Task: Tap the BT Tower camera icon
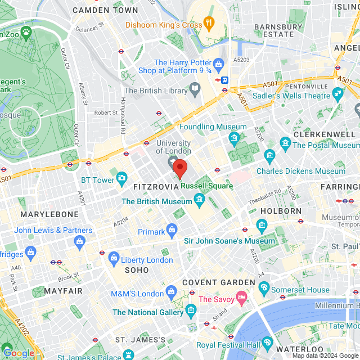(x=121, y=179)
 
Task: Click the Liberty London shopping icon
(x=114, y=259)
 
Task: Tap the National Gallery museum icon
(x=191, y=310)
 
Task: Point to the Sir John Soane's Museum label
(x=229, y=241)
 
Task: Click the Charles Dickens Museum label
(x=301, y=171)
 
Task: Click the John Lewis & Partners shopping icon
(x=79, y=241)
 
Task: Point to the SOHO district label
(x=137, y=271)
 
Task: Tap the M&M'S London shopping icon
(x=172, y=291)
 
